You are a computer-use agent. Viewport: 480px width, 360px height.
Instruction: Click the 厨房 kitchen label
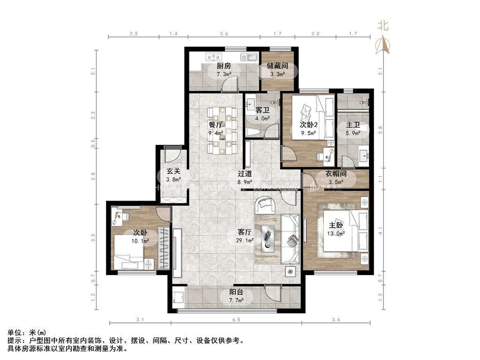224,66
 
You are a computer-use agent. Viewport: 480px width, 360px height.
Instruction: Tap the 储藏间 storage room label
277,66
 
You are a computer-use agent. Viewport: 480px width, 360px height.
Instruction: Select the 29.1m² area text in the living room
245,240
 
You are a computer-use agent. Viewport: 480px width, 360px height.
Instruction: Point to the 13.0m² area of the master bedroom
337,233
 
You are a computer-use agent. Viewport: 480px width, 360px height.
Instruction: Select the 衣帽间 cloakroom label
335,174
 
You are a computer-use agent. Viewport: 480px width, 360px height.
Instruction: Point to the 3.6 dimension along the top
224,34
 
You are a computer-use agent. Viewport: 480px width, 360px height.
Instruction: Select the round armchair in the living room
265,205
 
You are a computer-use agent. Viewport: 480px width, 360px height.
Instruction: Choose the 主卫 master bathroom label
352,125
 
